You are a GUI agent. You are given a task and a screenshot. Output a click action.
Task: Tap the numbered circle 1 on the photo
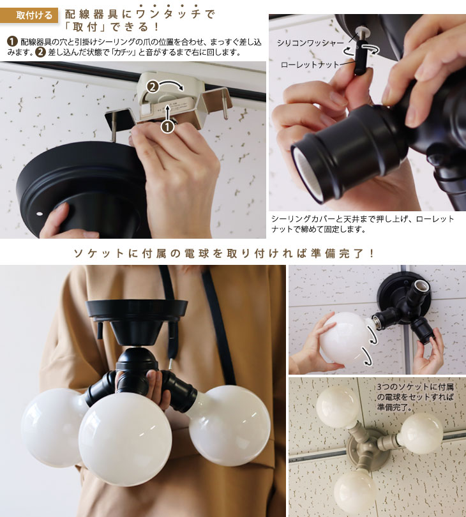(x=167, y=126)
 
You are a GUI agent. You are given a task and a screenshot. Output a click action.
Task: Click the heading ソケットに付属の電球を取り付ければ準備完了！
(x=233, y=253)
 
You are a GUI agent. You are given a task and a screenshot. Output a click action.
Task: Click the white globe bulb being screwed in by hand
(x=345, y=338)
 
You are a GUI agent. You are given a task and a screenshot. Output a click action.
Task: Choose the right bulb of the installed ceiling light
(x=421, y=432)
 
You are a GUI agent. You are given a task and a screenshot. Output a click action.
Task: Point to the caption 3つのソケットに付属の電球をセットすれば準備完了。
(x=415, y=396)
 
